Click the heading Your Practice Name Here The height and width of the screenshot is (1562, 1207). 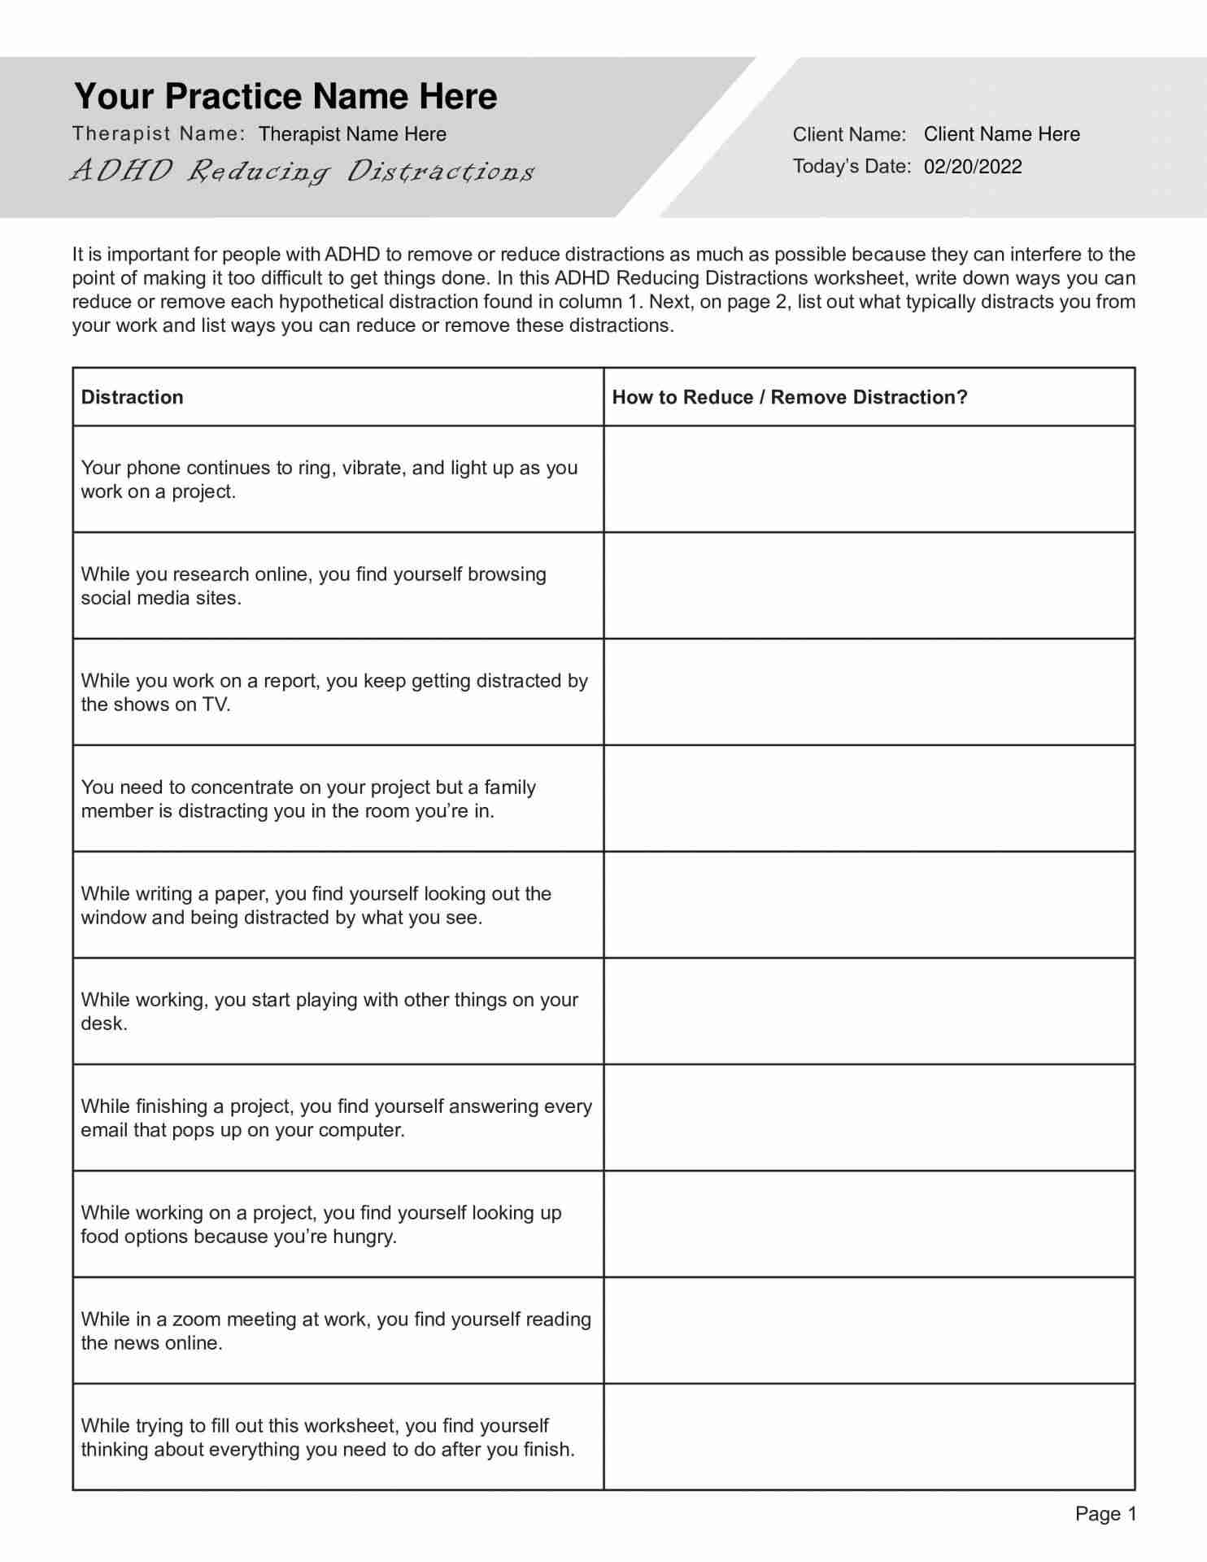285,96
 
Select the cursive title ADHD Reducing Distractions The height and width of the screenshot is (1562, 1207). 303,171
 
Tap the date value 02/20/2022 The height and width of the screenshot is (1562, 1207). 972,167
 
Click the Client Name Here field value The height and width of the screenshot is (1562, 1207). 1001,134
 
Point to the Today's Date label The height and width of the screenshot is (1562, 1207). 851,167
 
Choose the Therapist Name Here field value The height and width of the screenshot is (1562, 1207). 352,134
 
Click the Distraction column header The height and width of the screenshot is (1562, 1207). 132,397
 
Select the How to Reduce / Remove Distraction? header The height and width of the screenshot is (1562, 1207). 789,397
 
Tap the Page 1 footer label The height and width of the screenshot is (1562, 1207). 1105,1513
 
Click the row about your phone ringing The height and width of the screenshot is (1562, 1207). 329,479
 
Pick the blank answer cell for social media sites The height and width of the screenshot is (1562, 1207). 869,586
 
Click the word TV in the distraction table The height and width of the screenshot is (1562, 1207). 216,705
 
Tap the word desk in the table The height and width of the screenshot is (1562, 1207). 102,1024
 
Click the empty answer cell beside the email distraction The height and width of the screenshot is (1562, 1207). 869,1118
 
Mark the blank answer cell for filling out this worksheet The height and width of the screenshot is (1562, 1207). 869,1437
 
